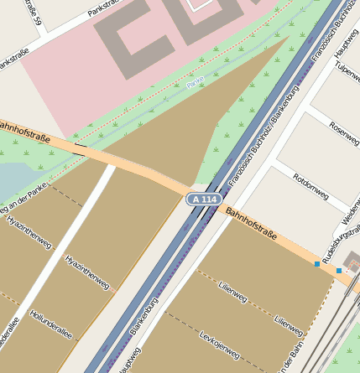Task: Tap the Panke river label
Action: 196,82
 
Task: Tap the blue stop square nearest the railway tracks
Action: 339,271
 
